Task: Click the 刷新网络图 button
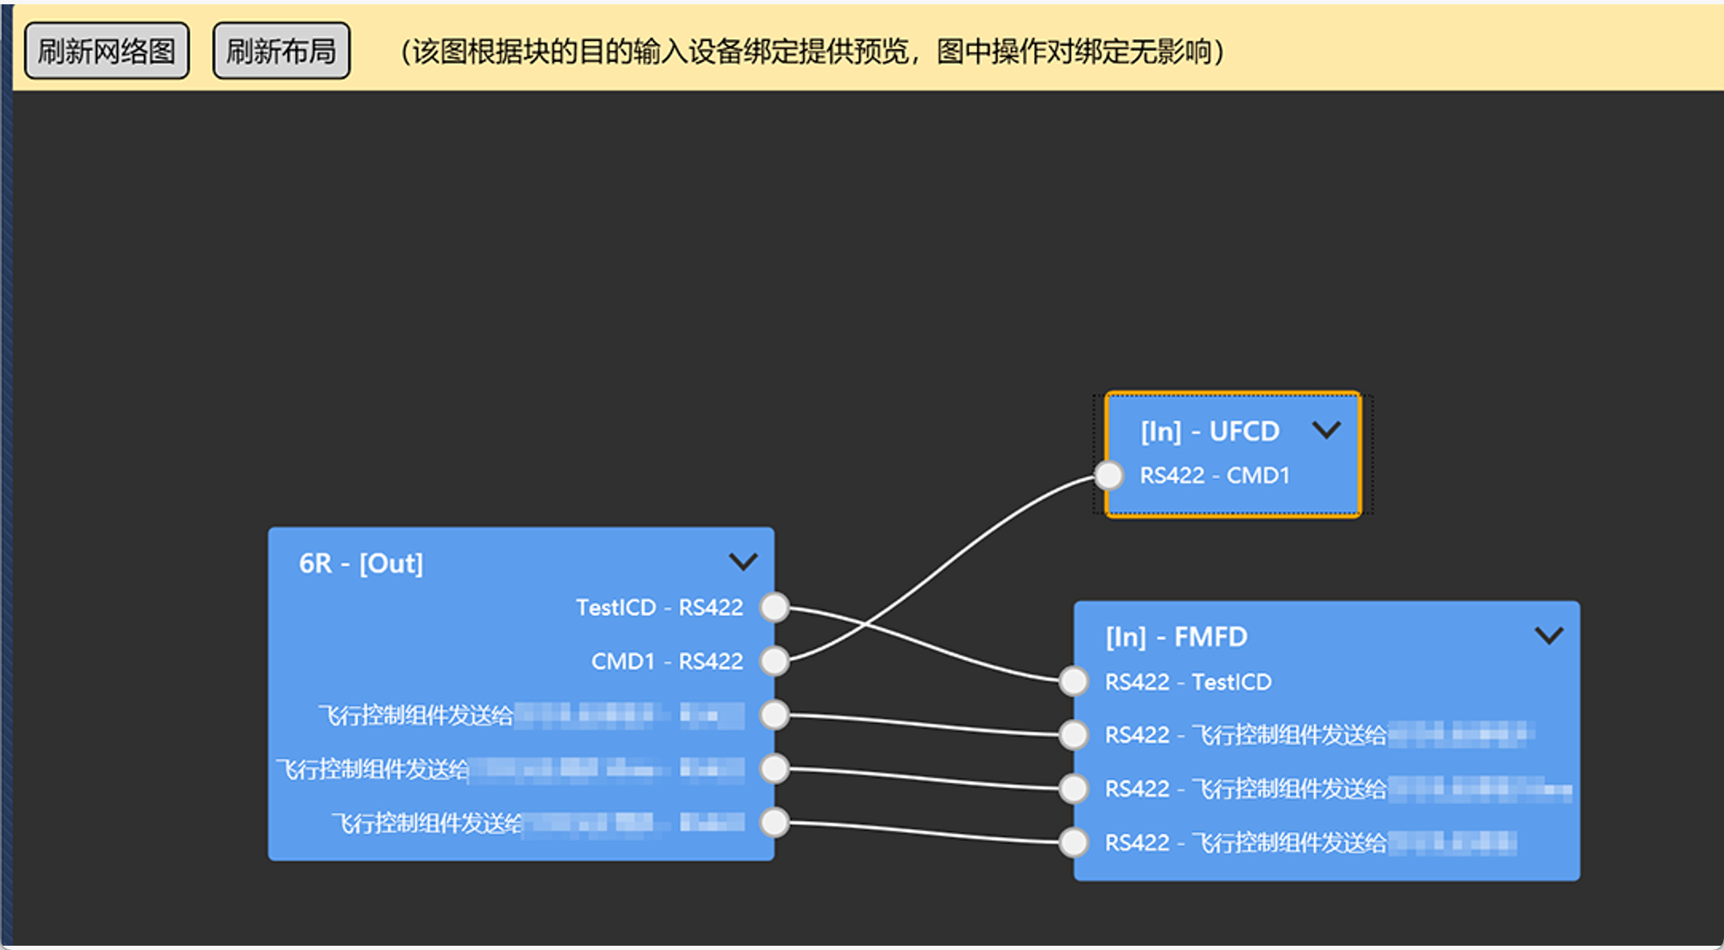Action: (106, 51)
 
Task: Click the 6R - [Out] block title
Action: (360, 563)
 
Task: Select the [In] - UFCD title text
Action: (1210, 431)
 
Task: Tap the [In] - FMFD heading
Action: (1176, 637)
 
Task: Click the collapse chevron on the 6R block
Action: (742, 561)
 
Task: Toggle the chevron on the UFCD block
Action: (1326, 430)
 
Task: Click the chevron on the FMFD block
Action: (1549, 635)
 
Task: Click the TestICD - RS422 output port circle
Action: (775, 607)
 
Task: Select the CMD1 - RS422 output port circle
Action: (775, 661)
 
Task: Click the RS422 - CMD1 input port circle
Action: (1109, 475)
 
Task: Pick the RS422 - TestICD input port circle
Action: (1073, 681)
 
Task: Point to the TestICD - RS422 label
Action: (659, 608)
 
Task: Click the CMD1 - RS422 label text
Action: (667, 662)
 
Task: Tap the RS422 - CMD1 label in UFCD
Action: (1214, 476)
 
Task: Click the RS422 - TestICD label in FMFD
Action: (1188, 682)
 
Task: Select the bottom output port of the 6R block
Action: (775, 822)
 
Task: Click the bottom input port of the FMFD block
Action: (1073, 842)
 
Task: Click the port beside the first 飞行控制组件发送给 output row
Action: (775, 715)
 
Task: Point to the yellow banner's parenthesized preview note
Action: (812, 51)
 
